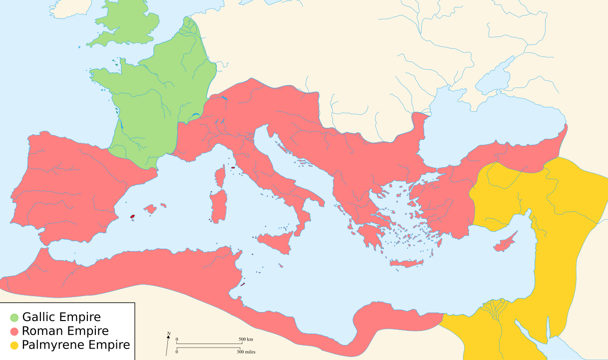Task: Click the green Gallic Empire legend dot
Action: click(x=14, y=317)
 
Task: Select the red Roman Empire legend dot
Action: click(x=14, y=331)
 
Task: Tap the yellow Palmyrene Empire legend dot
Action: click(x=14, y=345)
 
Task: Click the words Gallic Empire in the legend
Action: click(x=61, y=317)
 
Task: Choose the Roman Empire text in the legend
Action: click(x=65, y=331)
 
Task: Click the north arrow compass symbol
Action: click(x=167, y=344)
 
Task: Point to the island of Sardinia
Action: click(x=218, y=207)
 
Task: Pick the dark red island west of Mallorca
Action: click(x=133, y=217)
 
